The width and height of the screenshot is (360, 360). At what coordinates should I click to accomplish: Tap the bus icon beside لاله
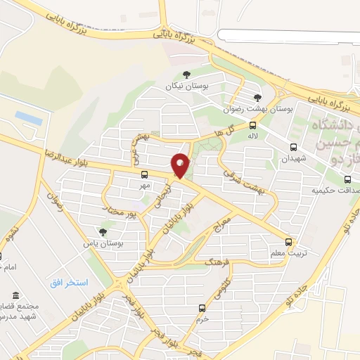pyautogui.click(x=252, y=124)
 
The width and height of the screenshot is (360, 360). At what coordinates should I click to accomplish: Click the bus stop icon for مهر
pyautogui.click(x=144, y=174)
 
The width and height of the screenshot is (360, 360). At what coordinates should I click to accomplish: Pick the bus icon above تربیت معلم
pyautogui.click(x=288, y=241)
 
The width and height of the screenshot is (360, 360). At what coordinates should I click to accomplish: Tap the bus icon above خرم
pyautogui.click(x=202, y=308)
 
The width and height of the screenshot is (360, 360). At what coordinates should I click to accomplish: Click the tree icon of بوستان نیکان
pyautogui.click(x=186, y=75)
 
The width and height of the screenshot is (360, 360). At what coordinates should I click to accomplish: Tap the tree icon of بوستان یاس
pyautogui.click(x=103, y=231)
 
